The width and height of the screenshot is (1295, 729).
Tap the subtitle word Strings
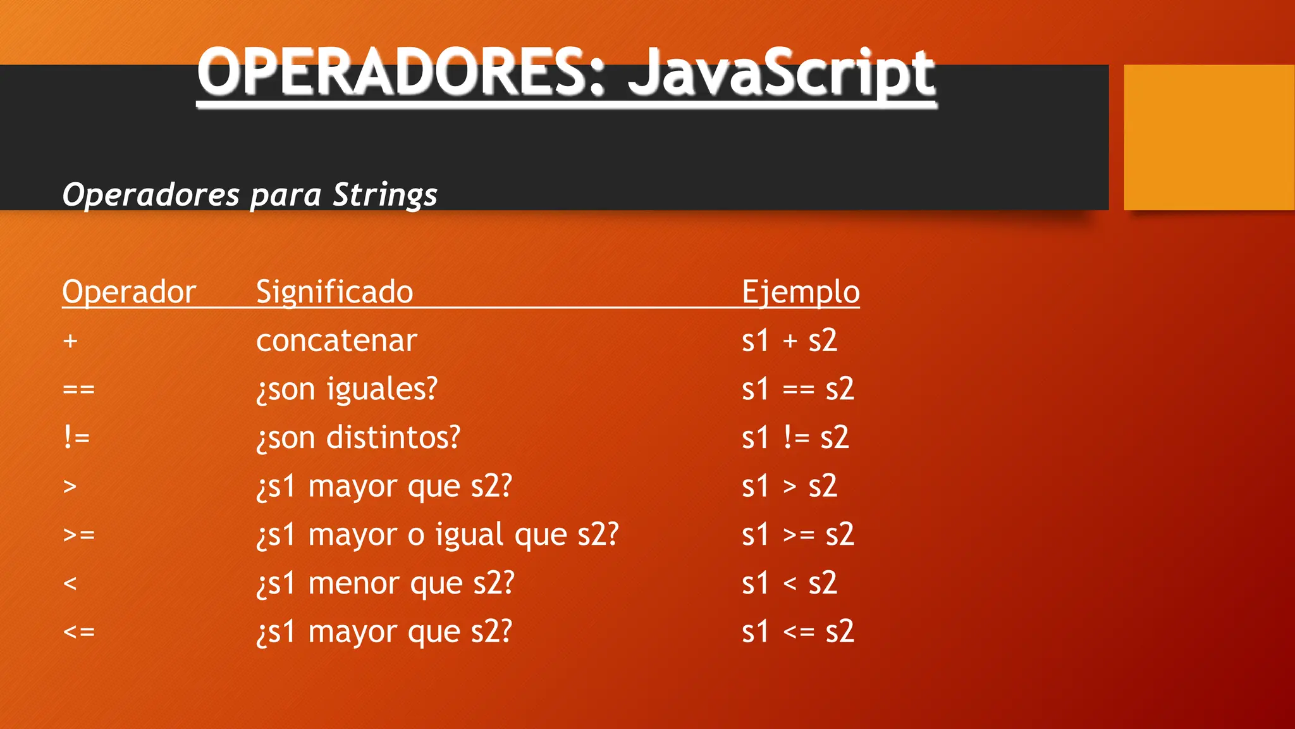[x=384, y=194]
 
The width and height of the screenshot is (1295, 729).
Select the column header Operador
[x=129, y=292]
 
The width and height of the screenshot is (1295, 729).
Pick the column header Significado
[x=334, y=292]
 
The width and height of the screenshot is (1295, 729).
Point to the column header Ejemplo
[x=801, y=292]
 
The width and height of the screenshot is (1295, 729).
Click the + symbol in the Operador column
[x=70, y=341]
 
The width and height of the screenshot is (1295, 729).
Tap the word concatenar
[x=336, y=341]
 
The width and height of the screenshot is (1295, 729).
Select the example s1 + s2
[x=789, y=341]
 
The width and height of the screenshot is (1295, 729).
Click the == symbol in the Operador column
[x=79, y=389]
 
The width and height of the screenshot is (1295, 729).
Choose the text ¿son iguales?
[x=347, y=389]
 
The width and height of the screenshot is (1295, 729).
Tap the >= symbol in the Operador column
[x=79, y=535]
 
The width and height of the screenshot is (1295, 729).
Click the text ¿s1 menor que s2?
[x=386, y=583]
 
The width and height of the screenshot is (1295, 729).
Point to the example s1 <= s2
[x=798, y=632]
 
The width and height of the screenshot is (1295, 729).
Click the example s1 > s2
[x=789, y=487]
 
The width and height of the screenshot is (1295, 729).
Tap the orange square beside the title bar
[x=1208, y=137]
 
